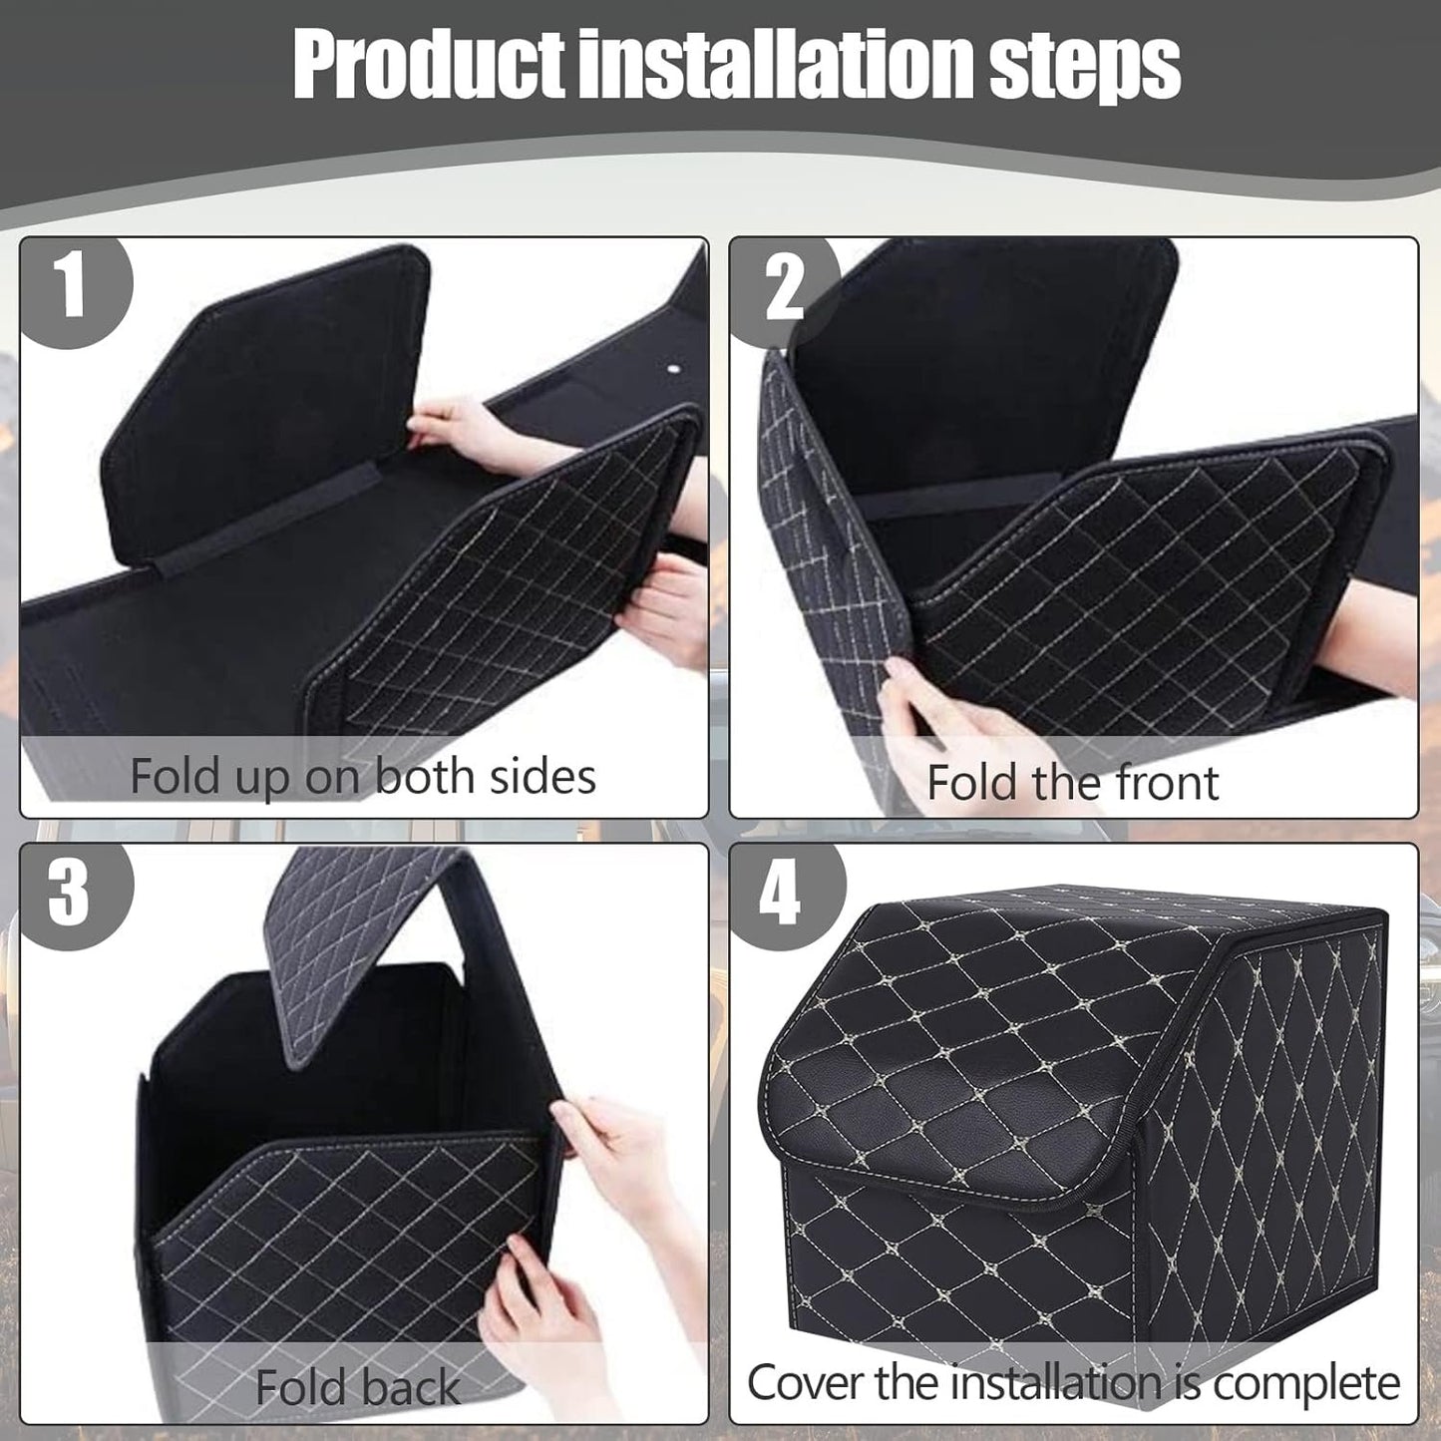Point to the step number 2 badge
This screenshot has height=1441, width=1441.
click(784, 289)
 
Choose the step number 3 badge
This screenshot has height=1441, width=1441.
click(70, 892)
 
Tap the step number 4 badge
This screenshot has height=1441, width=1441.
click(780, 894)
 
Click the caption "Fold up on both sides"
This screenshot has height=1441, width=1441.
click(363, 777)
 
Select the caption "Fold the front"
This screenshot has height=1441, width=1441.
click(1072, 783)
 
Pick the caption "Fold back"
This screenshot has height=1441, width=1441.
click(357, 1387)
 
